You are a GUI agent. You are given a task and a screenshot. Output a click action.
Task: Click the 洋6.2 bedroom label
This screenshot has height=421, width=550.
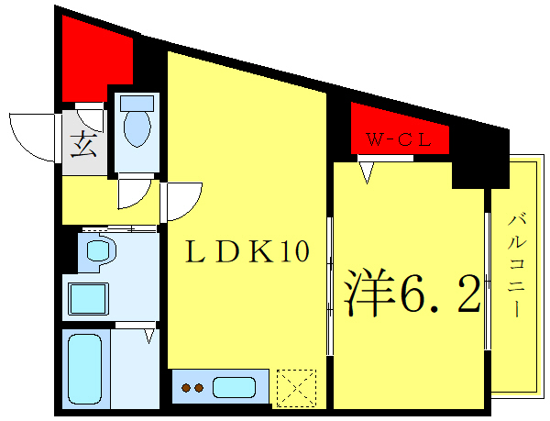pos(412,293)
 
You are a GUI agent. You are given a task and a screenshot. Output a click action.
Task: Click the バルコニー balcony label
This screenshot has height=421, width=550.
pos(517,267)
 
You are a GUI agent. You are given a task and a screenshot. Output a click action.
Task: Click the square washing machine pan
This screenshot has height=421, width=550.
pos(88,300)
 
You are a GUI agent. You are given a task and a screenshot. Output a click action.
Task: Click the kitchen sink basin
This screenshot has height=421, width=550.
pos(236,387)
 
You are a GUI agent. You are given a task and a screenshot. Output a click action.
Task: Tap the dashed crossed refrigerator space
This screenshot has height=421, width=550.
pos(296,387)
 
